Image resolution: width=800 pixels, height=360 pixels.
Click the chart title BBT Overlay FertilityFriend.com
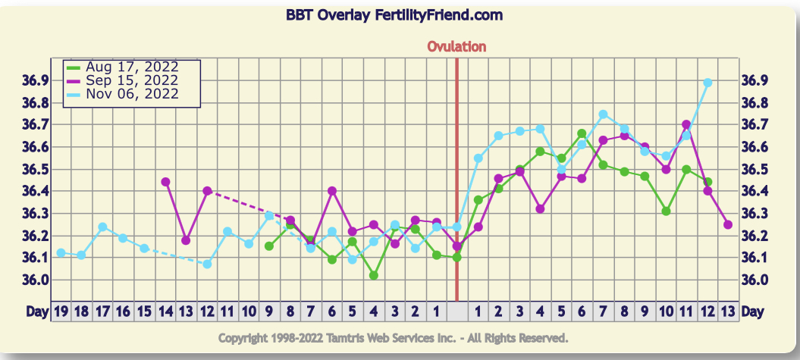click(394, 15)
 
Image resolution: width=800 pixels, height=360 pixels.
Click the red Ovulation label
click(456, 47)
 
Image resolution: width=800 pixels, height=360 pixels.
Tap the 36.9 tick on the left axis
click(36, 80)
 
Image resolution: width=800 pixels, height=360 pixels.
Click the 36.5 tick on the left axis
click(36, 169)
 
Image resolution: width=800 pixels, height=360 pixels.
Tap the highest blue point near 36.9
click(707, 83)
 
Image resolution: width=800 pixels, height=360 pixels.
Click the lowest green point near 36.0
click(374, 275)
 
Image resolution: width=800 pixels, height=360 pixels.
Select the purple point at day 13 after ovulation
click(728, 224)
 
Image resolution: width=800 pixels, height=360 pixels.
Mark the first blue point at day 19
click(61, 252)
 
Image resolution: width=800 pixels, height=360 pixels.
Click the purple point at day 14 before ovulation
click(165, 182)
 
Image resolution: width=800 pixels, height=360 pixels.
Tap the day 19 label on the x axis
click(61, 311)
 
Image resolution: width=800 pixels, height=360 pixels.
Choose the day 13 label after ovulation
click(728, 311)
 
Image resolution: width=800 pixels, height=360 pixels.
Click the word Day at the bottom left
click(36, 311)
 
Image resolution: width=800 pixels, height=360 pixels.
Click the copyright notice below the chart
click(393, 337)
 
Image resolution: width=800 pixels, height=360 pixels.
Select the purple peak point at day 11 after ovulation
click(686, 124)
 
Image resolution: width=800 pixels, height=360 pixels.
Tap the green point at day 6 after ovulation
click(582, 133)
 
